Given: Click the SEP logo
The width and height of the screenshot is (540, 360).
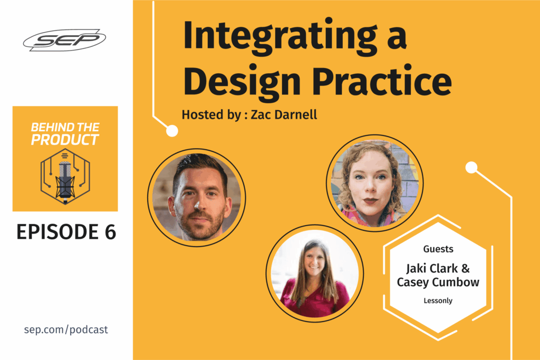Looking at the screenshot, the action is pos(64,40).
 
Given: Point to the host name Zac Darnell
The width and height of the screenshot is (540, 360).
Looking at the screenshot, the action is pos(284,114).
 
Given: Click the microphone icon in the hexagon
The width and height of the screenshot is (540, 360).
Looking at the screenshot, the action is pos(65,177).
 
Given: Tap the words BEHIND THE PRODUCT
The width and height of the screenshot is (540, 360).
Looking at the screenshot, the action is pos(65,133).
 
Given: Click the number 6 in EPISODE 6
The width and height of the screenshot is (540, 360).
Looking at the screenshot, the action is pos(110,231).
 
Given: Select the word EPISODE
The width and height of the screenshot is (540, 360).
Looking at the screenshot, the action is pos(57,231).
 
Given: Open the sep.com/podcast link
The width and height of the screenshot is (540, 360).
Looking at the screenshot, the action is pos(66,329).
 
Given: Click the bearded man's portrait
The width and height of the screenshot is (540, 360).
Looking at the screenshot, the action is pos(197,198).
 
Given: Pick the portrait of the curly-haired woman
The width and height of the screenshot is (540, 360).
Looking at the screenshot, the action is pos(375,183).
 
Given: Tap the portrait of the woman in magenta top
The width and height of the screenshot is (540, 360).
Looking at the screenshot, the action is pos(315,274).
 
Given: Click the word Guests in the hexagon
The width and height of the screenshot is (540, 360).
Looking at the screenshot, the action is pos(438,249).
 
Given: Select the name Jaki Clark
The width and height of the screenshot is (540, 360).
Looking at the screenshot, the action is pos(432,268).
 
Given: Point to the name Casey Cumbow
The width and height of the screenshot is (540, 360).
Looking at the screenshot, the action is pos(438,282).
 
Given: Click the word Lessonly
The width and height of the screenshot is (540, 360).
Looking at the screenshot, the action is pos(438,300).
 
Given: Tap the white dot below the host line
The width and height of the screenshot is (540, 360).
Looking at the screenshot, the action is pos(172,131).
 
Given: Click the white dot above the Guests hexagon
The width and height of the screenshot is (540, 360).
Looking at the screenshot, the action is pos(471,168).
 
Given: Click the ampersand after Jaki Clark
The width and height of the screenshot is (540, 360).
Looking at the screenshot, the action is pos(465,268).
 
